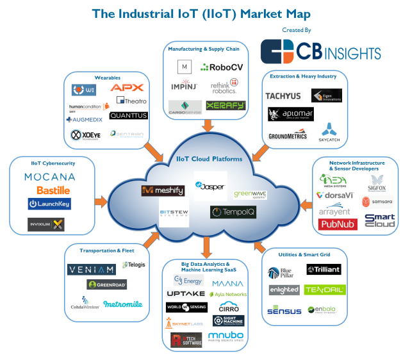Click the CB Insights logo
pyautogui.click(x=320, y=51)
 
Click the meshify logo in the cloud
pyautogui.click(x=163, y=190)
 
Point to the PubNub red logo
pyautogui.click(x=338, y=224)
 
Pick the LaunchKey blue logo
pyautogui.click(x=49, y=204)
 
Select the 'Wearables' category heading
pyautogui.click(x=108, y=77)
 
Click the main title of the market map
pyautogui.click(x=201, y=13)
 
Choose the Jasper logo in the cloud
pyautogui.click(x=211, y=187)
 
